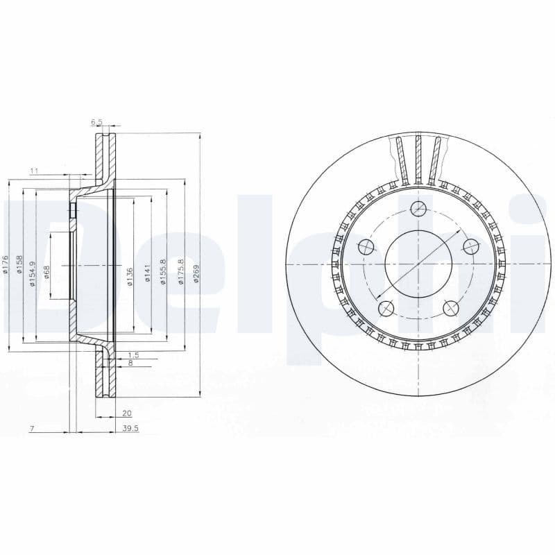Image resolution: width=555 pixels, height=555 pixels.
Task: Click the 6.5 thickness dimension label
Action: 96,122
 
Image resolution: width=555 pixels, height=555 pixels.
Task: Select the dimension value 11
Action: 33,170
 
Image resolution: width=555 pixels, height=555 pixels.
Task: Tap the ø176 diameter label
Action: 5,264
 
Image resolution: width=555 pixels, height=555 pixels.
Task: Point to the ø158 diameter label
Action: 20,264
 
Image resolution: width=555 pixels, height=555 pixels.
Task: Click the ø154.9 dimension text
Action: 32,271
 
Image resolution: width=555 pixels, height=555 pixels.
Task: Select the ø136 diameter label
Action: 130,275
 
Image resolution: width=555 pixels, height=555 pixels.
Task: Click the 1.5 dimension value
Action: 134,355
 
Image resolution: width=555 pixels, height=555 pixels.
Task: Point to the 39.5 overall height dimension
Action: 130,429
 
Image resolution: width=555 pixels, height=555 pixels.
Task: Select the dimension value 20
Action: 127,412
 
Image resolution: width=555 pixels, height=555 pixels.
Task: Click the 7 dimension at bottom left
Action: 32,429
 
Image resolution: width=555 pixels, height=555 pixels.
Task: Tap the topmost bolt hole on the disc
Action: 418,208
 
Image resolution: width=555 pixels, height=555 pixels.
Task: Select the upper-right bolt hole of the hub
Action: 471,246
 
